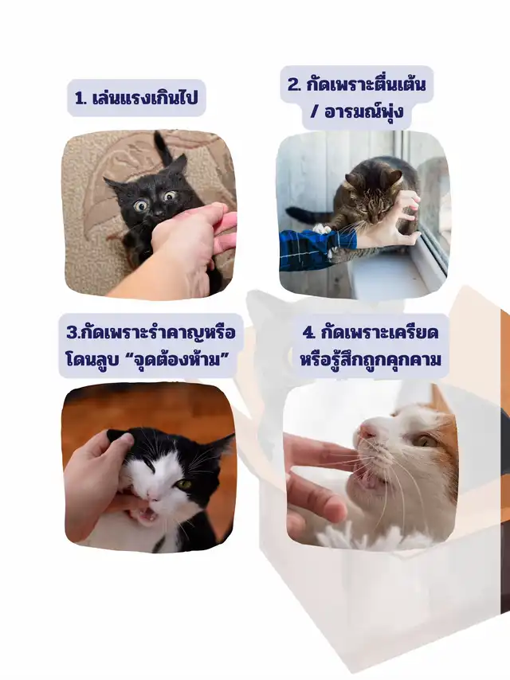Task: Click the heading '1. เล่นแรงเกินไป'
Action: coord(136,98)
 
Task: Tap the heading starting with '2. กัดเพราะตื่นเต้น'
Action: coord(356,98)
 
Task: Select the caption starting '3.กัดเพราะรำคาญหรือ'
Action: coord(150,346)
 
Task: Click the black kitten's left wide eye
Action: coord(141,205)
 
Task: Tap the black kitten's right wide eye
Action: coord(170,196)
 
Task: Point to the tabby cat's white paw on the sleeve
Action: coord(322,228)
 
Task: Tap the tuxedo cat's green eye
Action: coord(184,484)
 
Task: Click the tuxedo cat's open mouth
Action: coord(147,514)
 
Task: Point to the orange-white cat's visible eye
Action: coord(425,440)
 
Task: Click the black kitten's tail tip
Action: coord(158,137)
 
